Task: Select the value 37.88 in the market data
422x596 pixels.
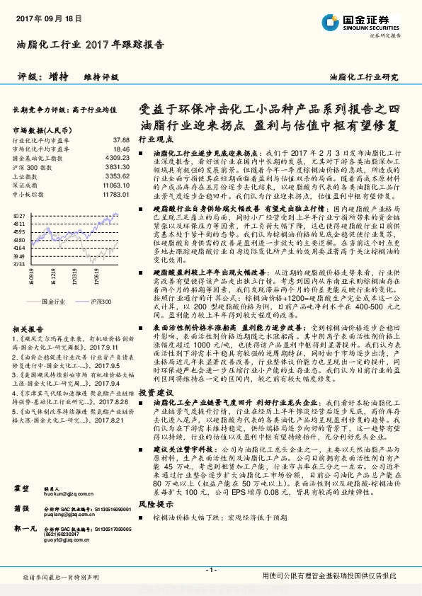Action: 121,140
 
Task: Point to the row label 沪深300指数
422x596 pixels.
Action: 28,167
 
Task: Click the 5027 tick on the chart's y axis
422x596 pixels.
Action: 19,215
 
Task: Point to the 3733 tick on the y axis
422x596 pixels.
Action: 19,264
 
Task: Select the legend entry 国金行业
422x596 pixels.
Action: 53,302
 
